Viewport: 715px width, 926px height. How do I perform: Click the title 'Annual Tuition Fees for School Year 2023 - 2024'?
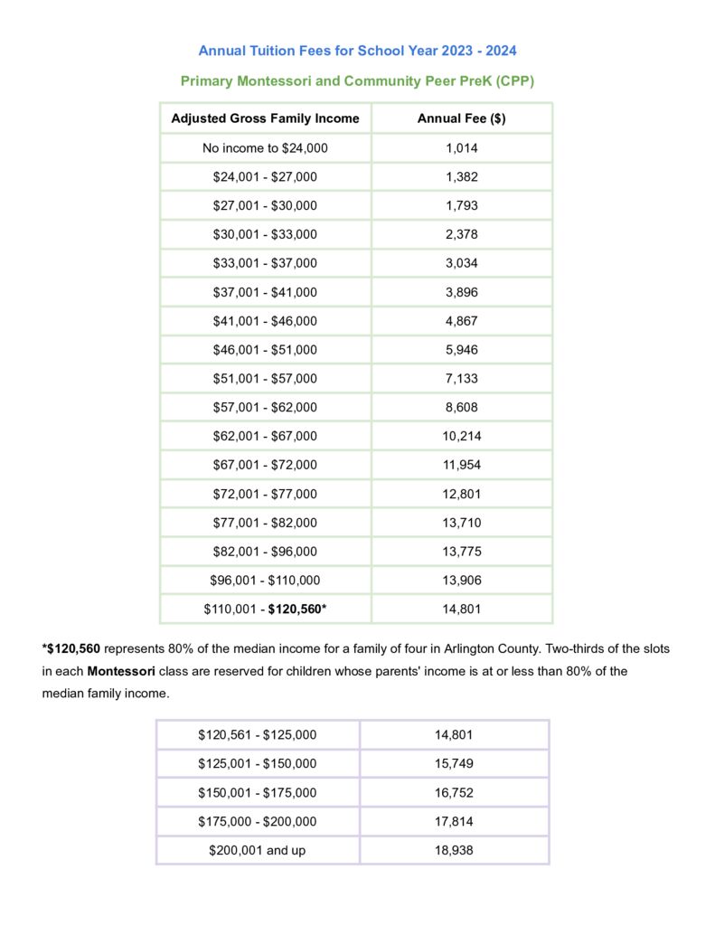357,51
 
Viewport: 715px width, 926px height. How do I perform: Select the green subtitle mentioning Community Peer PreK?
357,81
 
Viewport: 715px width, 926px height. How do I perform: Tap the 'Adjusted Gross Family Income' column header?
265,118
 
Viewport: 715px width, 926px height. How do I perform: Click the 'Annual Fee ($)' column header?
461,118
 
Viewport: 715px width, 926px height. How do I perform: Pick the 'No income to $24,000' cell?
265,148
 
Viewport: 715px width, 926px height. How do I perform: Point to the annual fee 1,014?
461,148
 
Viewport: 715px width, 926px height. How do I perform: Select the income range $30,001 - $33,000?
265,234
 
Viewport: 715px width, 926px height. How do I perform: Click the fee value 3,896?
461,292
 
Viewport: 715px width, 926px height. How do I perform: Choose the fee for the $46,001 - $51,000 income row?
461,350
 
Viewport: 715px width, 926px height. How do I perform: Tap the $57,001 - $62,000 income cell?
265,407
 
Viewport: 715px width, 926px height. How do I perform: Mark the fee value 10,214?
461,436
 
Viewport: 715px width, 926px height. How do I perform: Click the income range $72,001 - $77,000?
265,494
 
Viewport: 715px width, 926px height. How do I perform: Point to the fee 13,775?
461,552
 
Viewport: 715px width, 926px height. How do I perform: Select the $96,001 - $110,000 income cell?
265,581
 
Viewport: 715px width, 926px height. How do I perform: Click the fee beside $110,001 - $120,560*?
461,609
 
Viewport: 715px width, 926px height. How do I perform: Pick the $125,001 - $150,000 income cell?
258,764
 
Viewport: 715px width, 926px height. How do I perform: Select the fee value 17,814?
454,822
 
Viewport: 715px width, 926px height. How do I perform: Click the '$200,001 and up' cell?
258,851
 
